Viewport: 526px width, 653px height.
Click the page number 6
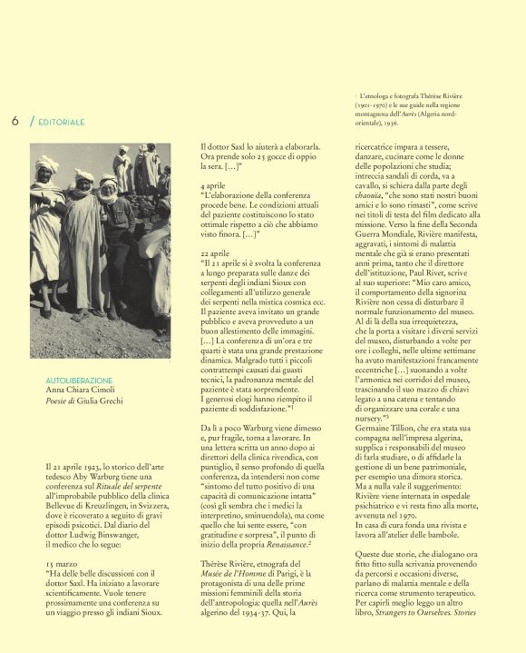click(15, 121)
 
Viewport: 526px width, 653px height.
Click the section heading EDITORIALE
click(63, 122)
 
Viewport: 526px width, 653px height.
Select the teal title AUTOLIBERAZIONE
click(79, 380)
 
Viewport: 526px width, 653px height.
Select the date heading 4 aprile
click(211, 184)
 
